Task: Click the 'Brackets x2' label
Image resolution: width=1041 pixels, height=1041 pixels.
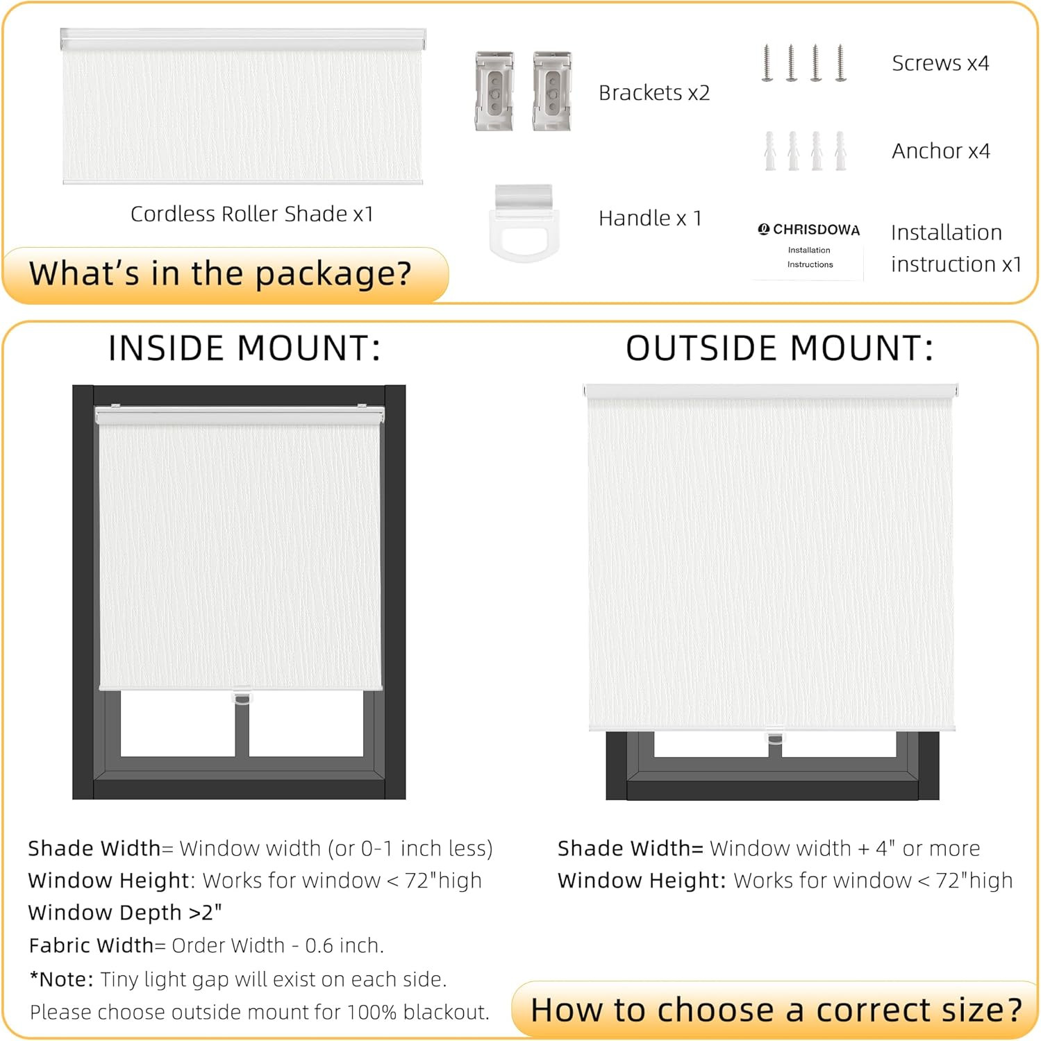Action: (654, 93)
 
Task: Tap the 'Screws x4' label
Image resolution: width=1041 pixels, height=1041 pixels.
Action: (940, 63)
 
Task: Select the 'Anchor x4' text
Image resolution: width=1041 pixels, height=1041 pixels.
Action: (941, 151)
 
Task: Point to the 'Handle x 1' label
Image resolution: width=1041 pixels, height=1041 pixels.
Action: (650, 218)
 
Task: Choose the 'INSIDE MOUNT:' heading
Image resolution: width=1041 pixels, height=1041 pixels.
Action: (244, 348)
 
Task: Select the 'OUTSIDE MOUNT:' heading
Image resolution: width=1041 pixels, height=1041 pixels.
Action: (779, 348)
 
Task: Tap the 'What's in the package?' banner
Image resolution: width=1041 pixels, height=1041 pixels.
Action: (220, 273)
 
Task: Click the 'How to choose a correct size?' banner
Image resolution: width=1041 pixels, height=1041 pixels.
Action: (776, 1010)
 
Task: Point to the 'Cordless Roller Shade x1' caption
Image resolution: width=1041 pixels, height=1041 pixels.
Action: (252, 214)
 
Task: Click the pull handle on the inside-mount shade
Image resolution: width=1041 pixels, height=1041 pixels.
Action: (241, 697)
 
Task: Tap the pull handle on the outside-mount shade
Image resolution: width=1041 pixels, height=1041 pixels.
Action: (774, 736)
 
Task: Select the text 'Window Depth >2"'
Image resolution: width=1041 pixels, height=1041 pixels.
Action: (125, 912)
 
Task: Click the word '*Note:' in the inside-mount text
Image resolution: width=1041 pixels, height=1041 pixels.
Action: (61, 979)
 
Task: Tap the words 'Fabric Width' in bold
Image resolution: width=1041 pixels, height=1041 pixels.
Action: (91, 945)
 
